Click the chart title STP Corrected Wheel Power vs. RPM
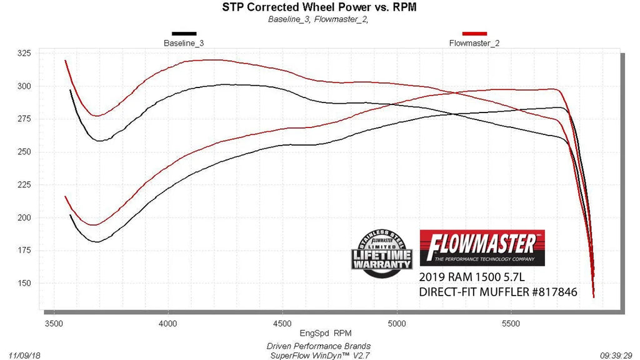point(319,7)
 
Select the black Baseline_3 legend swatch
point(184,34)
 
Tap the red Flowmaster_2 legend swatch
point(474,34)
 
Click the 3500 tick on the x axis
point(54,324)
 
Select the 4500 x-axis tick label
point(282,324)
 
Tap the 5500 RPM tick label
point(511,324)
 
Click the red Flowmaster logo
point(482,247)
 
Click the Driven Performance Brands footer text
point(319,346)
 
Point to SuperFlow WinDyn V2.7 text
point(319,355)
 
